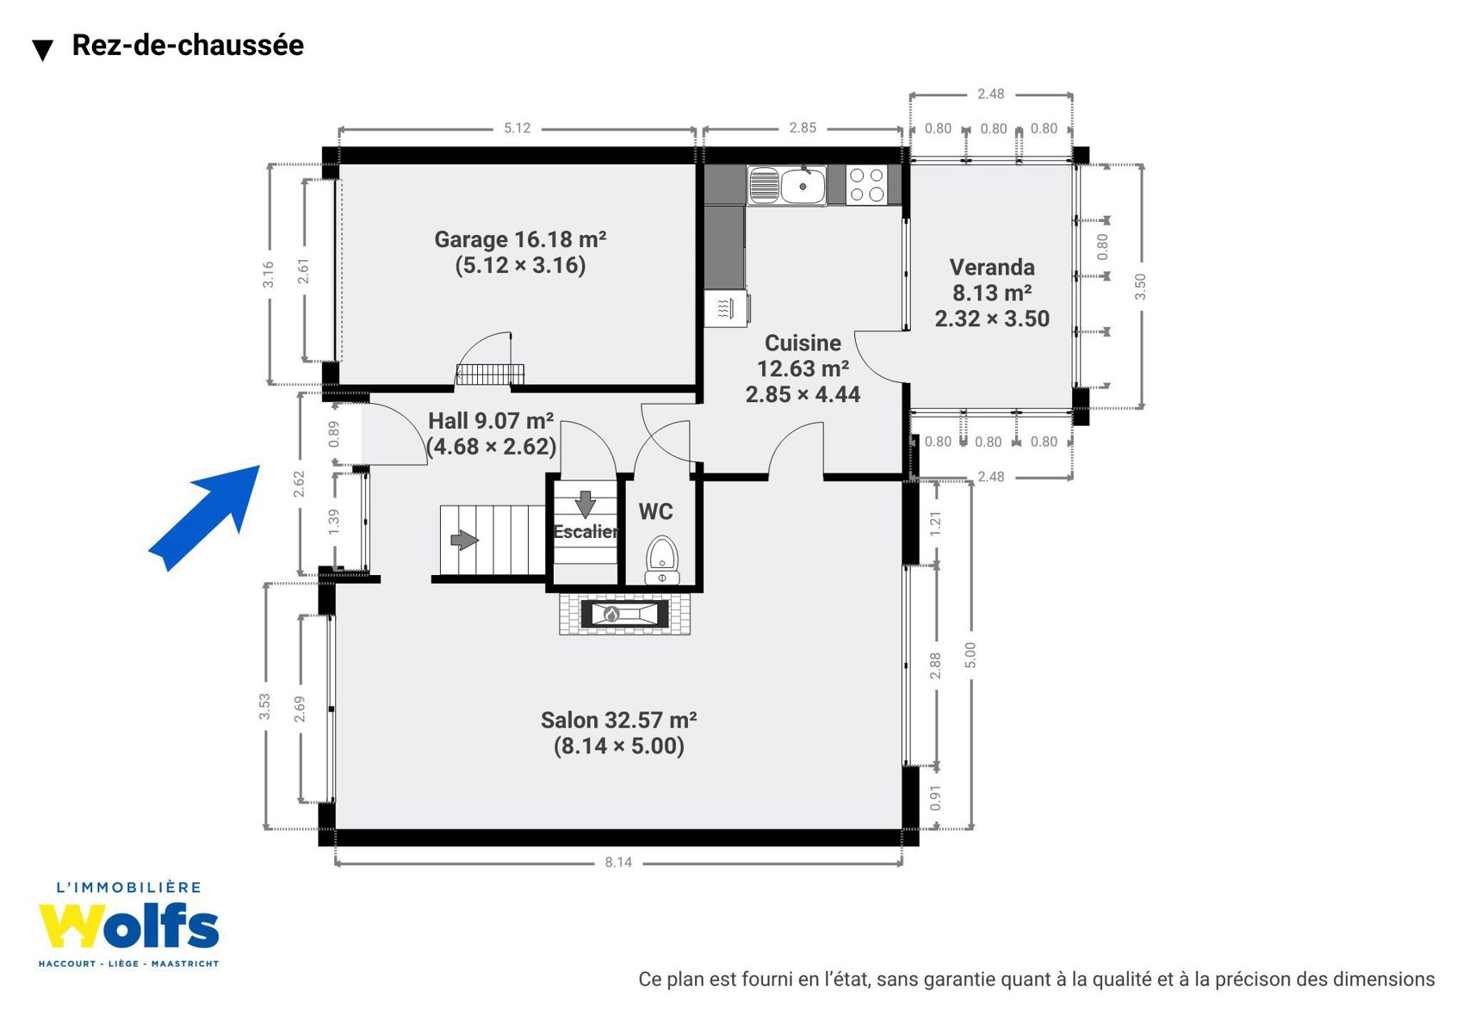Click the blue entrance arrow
[x=204, y=518]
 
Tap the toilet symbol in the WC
[x=662, y=560]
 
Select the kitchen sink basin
[x=803, y=185]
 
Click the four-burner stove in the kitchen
[x=867, y=185]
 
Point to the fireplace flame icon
[x=611, y=614]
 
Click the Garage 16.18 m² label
[x=521, y=239]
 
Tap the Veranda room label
[x=992, y=267]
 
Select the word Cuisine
[x=803, y=343]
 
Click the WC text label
[x=656, y=511]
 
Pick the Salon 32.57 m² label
[x=618, y=721]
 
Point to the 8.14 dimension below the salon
[x=618, y=862]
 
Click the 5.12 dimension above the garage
[x=517, y=128]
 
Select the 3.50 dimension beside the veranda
[x=1140, y=286]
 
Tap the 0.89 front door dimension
[x=334, y=434]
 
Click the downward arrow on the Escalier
[x=586, y=504]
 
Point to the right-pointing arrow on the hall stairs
[x=464, y=540]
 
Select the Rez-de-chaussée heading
[x=188, y=45]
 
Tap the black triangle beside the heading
[x=43, y=50]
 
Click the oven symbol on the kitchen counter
[x=727, y=308]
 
